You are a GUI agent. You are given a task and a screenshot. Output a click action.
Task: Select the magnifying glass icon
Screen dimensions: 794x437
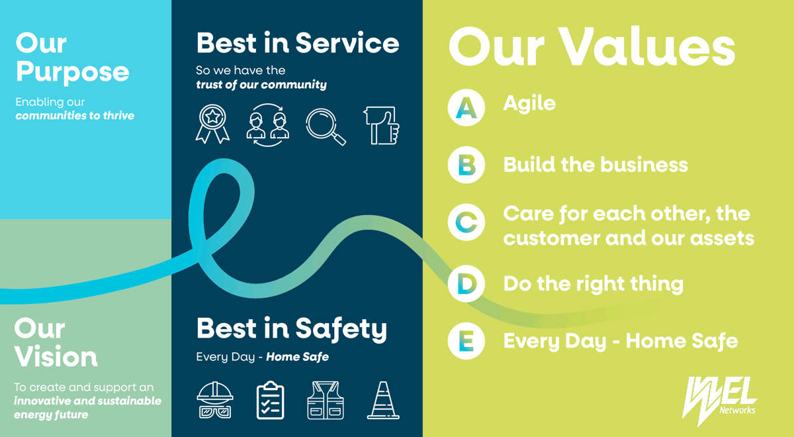[x=326, y=126]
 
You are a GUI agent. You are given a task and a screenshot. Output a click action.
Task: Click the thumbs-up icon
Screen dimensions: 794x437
[x=382, y=126]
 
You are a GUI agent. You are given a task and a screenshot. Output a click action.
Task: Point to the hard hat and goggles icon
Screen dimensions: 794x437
[x=215, y=400]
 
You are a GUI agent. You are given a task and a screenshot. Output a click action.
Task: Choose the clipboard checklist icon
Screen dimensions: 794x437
[x=270, y=400]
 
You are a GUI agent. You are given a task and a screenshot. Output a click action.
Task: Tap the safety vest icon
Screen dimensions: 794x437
[x=326, y=400]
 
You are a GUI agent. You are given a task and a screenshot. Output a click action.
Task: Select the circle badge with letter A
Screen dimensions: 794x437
[x=466, y=107]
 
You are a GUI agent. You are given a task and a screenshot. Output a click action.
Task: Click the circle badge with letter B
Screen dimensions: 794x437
[x=466, y=165]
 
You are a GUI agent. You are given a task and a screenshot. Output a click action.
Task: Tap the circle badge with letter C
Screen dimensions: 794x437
[x=466, y=222]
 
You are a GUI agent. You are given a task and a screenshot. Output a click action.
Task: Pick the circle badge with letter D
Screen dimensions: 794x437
[x=466, y=283]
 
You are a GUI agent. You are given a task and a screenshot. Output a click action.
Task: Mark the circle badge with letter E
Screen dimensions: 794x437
[x=466, y=341]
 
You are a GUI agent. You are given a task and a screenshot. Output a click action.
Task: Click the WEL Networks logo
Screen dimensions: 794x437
[x=720, y=401]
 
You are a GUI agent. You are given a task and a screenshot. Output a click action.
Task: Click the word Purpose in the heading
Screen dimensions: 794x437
[x=73, y=73]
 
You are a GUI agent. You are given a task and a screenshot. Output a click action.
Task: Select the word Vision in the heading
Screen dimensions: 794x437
[x=56, y=356]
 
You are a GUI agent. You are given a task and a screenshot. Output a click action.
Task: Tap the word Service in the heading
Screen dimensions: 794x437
[x=347, y=43]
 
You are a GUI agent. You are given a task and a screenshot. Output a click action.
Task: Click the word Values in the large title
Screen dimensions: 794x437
[x=647, y=48]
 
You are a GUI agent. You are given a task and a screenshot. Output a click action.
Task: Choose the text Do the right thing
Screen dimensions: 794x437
[x=594, y=284]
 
